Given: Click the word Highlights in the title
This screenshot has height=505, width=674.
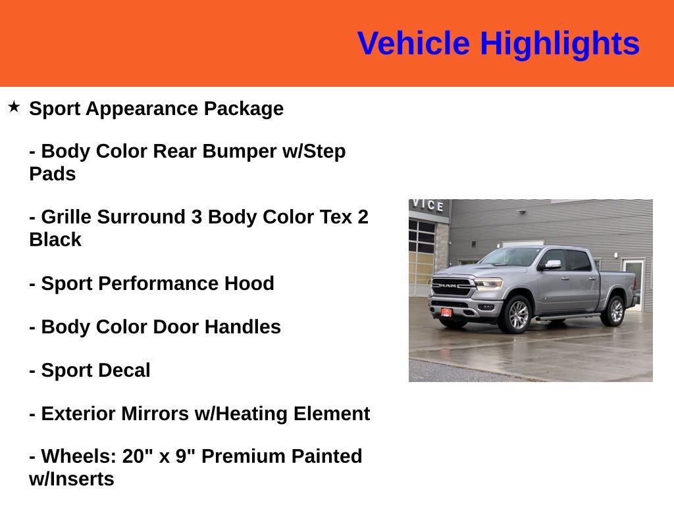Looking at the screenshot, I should [559, 44].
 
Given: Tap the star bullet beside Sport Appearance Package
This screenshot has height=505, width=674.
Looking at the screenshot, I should [14, 107].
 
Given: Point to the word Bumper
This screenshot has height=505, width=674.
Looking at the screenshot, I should [238, 152].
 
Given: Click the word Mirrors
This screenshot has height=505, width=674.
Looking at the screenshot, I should [155, 414].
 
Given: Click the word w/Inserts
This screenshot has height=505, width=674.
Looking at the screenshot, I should [71, 479].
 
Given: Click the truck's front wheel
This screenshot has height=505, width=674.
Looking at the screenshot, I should [517, 315].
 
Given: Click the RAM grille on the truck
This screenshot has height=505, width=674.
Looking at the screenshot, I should [451, 286].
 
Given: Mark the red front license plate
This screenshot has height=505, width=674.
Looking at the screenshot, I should [446, 312].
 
